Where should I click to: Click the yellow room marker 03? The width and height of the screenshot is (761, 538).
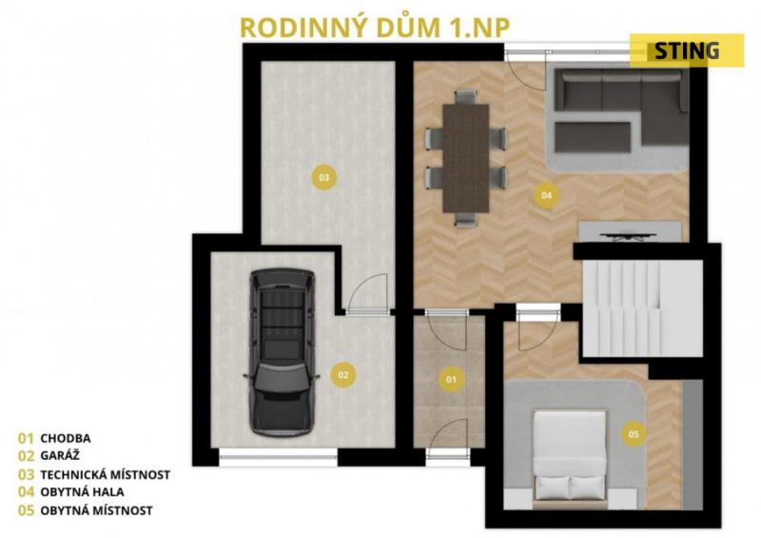point(324,177)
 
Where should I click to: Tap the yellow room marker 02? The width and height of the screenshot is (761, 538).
point(343,375)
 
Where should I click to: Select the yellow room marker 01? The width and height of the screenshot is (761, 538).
point(451,379)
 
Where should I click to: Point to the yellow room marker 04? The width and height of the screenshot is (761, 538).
point(546,195)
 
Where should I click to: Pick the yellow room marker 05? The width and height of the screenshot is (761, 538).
point(634,434)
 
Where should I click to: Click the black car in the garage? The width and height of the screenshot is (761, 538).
point(282,351)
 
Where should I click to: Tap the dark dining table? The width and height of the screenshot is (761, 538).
point(466,158)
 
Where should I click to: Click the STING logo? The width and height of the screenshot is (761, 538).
point(687,50)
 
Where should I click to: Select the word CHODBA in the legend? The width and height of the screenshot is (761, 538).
point(66,438)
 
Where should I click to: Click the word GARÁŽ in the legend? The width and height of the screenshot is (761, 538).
point(60,455)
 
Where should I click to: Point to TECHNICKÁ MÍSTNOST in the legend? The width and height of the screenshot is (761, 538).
point(106,474)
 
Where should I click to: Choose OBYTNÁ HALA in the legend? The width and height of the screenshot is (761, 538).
point(82,492)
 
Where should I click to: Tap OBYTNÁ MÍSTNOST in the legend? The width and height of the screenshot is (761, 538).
point(97,510)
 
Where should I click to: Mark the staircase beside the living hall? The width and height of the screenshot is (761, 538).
point(642,309)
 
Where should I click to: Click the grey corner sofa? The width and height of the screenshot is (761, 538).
point(621,110)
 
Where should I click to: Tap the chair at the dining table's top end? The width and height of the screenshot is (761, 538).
point(466,97)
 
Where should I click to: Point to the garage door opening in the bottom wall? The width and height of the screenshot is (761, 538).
point(279,457)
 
